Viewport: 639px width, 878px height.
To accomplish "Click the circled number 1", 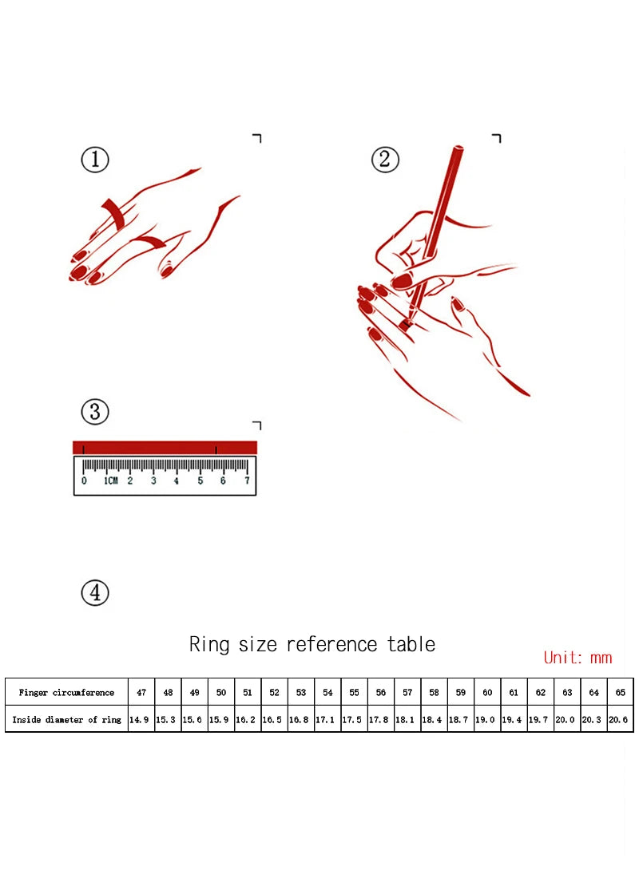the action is (95, 160).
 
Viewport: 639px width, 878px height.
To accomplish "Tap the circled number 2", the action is (385, 160).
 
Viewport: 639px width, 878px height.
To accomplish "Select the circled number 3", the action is (95, 412).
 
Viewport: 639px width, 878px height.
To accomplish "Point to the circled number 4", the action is (95, 593).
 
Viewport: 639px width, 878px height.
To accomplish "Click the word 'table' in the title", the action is (411, 644).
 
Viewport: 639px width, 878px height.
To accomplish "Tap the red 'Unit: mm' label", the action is (578, 658).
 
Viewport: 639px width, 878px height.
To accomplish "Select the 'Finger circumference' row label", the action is (66, 693).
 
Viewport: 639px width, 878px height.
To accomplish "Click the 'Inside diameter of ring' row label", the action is (67, 719).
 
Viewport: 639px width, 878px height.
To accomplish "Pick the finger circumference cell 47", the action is (141, 693).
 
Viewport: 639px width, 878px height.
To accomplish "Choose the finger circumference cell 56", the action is (380, 693).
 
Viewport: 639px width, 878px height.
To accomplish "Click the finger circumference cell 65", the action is (620, 693).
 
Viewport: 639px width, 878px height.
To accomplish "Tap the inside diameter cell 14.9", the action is (139, 719).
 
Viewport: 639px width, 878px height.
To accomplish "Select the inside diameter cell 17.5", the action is (352, 719).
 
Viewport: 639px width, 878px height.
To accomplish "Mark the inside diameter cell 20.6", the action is (618, 719).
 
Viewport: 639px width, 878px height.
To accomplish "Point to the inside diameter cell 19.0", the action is (486, 719).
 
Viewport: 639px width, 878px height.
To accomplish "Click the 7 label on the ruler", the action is (247, 481).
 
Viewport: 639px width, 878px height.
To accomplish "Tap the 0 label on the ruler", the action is (84, 481).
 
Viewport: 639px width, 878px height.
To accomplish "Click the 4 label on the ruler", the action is (176, 481).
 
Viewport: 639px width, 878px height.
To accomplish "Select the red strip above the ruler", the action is (165, 448).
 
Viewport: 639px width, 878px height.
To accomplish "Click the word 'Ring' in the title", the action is (209, 644).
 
